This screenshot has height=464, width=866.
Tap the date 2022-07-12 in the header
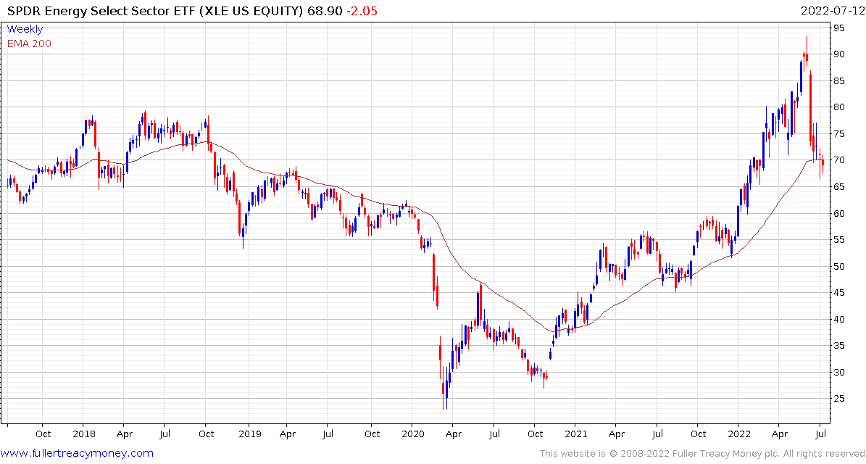click(x=830, y=11)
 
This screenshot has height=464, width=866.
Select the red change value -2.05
click(x=362, y=11)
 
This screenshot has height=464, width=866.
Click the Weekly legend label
click(x=25, y=29)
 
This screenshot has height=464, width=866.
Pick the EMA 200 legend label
click(x=29, y=43)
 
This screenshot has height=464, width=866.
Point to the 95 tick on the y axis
click(x=838, y=28)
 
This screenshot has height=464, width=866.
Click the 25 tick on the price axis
click(x=838, y=399)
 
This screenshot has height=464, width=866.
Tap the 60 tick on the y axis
click(x=838, y=213)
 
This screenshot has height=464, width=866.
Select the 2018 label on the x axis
click(x=83, y=434)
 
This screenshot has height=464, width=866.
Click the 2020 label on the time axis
click(x=412, y=434)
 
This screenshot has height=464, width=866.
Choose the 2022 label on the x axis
click(x=738, y=434)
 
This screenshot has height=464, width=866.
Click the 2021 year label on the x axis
click(x=575, y=434)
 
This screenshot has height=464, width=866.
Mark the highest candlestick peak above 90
click(x=807, y=38)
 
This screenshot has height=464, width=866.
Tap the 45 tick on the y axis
click(x=838, y=293)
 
